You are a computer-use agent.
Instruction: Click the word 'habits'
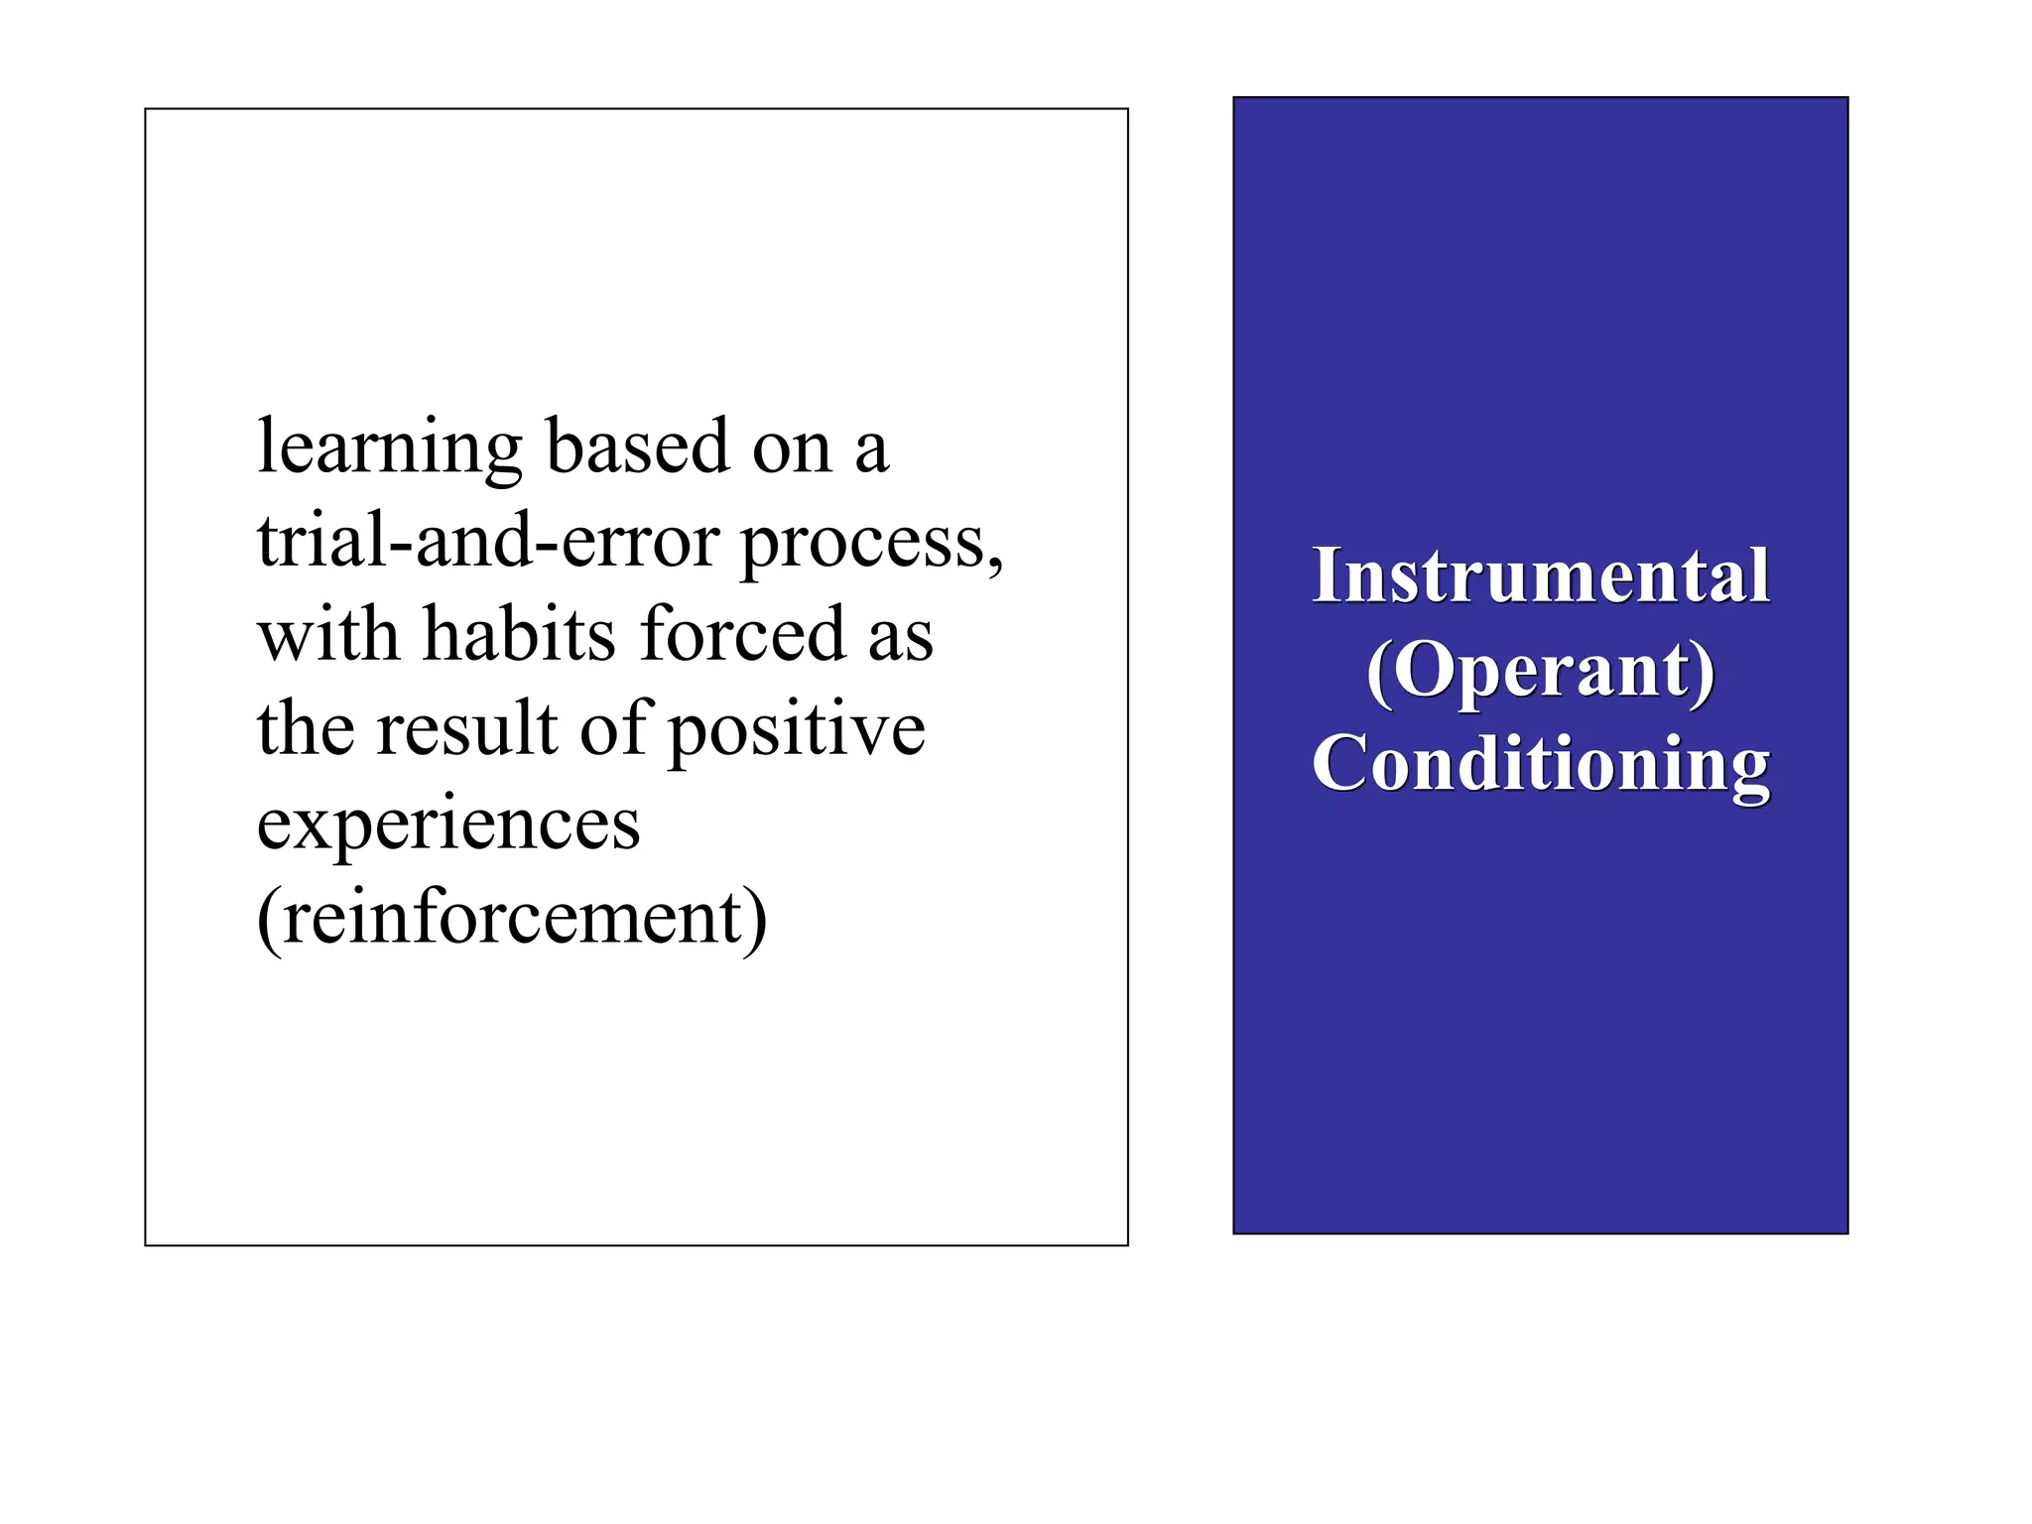click(x=519, y=634)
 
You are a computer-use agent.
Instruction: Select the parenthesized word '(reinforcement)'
click(x=512, y=918)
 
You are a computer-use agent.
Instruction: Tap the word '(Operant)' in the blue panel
click(x=1541, y=671)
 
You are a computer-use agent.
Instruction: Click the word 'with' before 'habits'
click(x=327, y=634)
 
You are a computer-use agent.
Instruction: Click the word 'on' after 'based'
click(x=792, y=449)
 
